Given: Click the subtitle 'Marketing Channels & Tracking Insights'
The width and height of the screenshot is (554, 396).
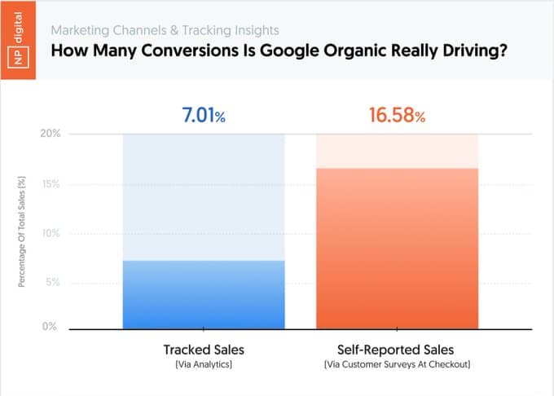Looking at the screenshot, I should pos(165,30).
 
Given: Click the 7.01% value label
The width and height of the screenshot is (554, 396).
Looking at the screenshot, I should pos(202,115).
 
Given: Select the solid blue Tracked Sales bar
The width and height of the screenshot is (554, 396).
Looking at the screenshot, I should pos(204,294).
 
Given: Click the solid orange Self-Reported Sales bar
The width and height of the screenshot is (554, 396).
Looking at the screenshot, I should pos(397,248).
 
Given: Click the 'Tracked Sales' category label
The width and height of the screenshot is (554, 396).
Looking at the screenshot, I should pos(204,350).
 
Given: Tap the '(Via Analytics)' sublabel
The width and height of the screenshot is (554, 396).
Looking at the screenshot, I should pos(204,365).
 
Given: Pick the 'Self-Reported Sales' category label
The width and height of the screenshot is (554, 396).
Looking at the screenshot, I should pos(397,350).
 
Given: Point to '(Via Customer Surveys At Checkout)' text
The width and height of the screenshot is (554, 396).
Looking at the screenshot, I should pos(397,365).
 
